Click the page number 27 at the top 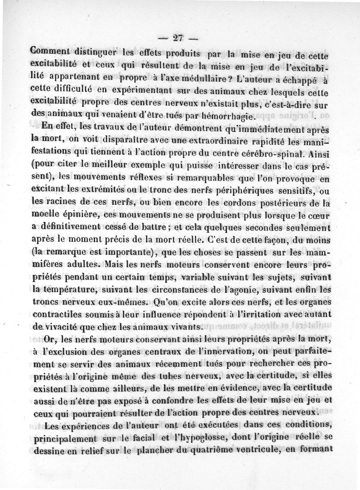point(179,38)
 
